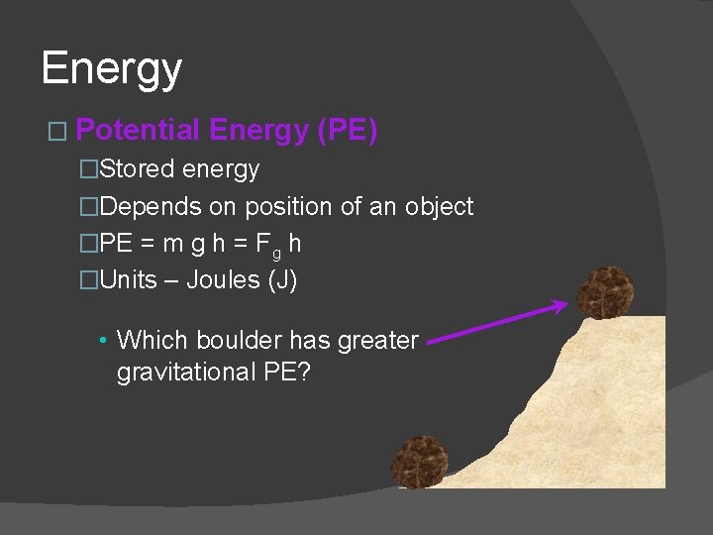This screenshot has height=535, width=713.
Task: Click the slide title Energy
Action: point(112,69)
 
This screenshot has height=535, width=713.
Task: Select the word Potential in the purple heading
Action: point(139,130)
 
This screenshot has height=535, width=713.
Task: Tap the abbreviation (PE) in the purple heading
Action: point(347,130)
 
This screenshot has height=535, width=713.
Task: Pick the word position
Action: point(288,206)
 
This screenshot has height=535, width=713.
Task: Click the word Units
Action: point(129,280)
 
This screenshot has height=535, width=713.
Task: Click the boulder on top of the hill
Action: point(605,291)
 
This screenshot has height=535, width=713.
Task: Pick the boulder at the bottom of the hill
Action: point(420,462)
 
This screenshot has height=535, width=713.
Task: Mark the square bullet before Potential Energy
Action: point(55,132)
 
